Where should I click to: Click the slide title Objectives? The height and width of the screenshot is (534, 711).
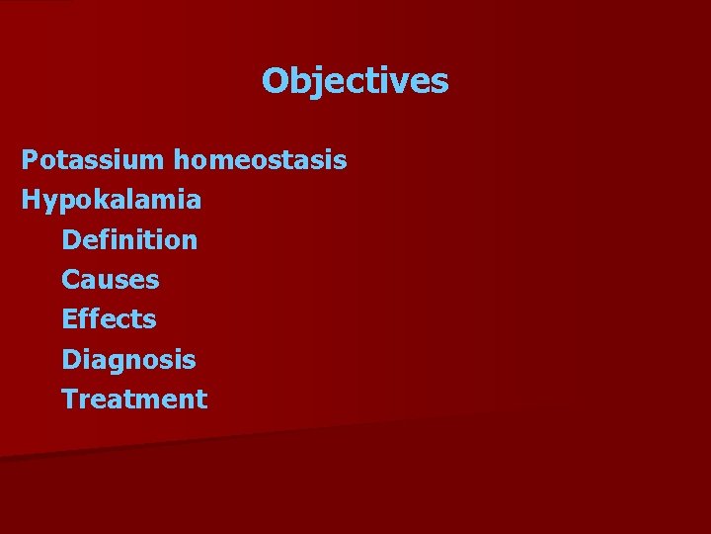[355, 81]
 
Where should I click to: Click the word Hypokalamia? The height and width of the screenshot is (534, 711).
[112, 200]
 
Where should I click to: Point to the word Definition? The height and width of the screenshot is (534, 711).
[129, 239]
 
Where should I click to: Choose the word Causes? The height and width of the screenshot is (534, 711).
[110, 280]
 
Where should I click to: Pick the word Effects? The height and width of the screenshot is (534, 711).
[109, 319]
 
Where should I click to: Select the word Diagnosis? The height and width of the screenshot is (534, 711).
[128, 360]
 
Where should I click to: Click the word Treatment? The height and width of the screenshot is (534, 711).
[134, 400]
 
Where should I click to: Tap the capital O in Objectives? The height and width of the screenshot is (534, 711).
[275, 81]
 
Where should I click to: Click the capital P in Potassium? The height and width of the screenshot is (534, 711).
[30, 159]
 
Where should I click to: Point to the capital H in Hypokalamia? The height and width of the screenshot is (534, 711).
[31, 200]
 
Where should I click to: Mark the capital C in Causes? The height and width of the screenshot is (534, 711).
[71, 280]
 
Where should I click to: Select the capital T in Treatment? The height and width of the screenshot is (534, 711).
[70, 400]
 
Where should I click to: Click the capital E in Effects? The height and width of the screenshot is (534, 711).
[70, 319]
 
